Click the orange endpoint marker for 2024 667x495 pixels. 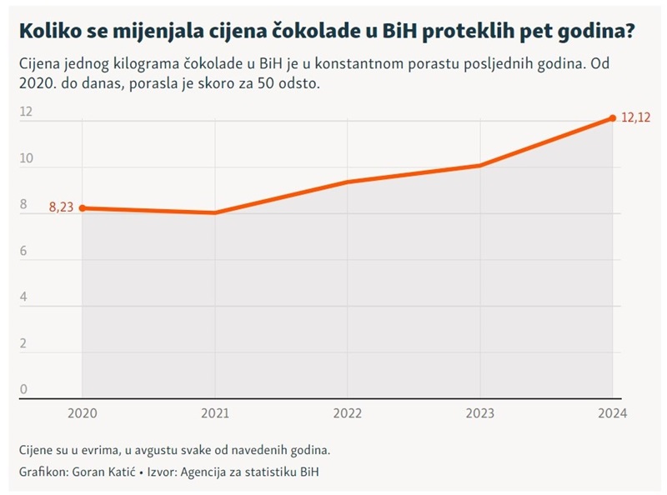click(x=613, y=118)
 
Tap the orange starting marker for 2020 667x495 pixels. click(x=82, y=207)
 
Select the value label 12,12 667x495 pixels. click(x=635, y=118)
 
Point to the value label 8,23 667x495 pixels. click(x=61, y=208)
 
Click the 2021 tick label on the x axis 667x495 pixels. click(x=215, y=412)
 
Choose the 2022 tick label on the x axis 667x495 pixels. click(x=347, y=412)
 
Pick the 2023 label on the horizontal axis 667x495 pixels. click(x=479, y=412)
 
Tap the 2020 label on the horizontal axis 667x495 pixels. click(x=82, y=412)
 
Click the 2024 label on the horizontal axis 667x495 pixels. click(x=612, y=412)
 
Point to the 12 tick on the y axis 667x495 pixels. click(x=25, y=112)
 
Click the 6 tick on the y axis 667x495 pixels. click(x=23, y=251)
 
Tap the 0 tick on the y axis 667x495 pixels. click(x=23, y=389)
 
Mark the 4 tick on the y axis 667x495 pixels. click(x=23, y=297)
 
